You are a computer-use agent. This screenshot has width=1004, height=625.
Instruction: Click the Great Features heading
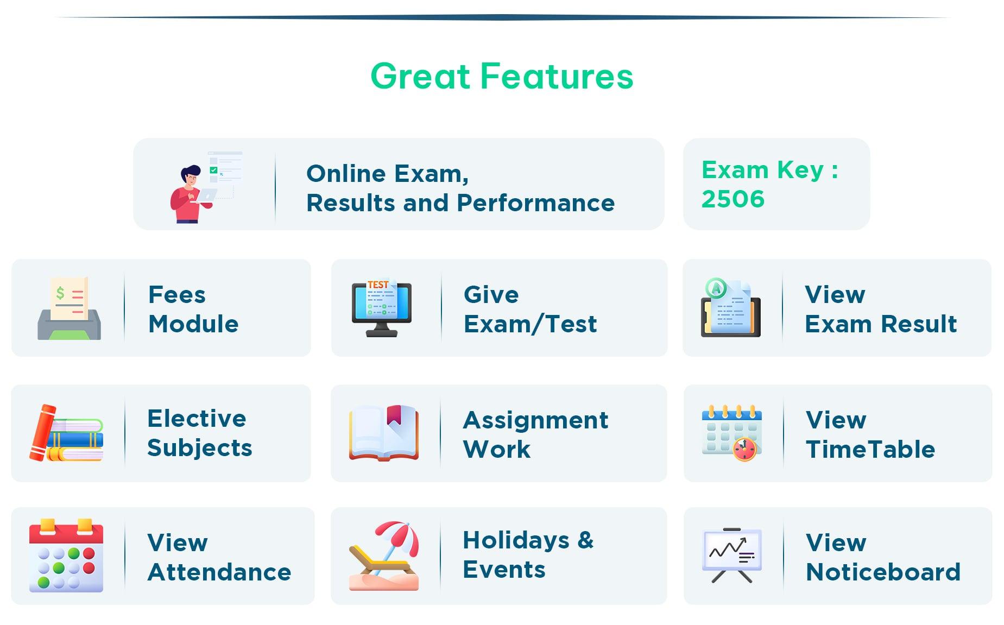(502, 76)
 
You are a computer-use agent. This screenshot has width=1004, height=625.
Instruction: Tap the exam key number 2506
(733, 199)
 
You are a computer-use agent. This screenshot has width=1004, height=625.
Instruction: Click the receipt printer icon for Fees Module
(70, 308)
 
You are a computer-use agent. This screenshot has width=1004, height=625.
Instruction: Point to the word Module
(193, 324)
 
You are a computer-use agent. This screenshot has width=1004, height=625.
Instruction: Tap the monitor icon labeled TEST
(381, 308)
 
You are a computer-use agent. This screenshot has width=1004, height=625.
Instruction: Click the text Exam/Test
(530, 324)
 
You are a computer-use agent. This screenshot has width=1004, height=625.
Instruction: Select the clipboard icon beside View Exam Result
(730, 308)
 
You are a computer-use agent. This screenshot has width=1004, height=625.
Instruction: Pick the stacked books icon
(67, 433)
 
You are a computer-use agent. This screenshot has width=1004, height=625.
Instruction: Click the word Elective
(197, 419)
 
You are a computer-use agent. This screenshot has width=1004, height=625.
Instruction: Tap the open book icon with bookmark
(384, 433)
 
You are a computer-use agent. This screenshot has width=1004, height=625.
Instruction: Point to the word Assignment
(535, 420)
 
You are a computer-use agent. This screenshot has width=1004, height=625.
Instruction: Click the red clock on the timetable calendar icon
(744, 450)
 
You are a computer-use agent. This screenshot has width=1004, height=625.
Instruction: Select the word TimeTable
(870, 450)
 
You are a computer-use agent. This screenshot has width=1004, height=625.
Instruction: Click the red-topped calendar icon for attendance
(66, 555)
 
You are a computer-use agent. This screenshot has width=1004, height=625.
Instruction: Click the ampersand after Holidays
(585, 540)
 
